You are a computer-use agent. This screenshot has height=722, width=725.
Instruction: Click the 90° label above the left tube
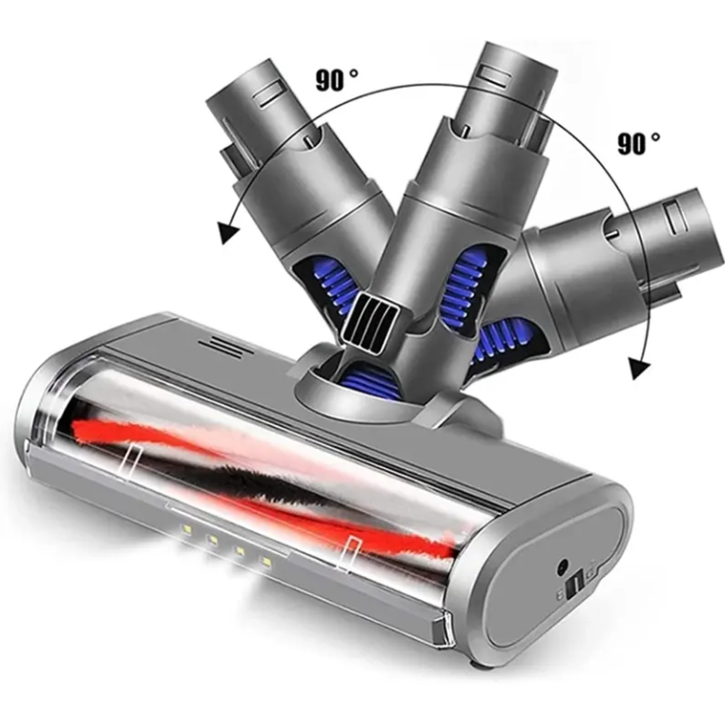coord(337,79)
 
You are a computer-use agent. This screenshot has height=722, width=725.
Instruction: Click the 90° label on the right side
coord(638,143)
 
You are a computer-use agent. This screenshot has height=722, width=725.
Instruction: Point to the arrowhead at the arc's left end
coord(229,232)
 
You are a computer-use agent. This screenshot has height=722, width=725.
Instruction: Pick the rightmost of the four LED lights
coord(266,562)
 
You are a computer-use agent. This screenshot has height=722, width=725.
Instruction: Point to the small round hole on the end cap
coord(563,566)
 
